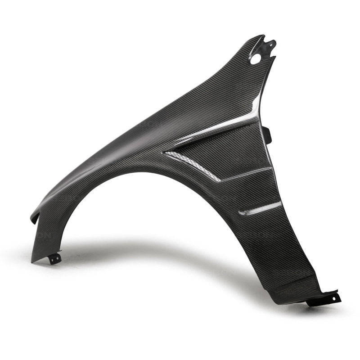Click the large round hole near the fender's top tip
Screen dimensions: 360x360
coord(256,58)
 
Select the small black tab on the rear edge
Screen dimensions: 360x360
coord(266,134)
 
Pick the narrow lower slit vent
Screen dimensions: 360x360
coord(260,208)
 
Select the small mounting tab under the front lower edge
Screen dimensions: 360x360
coord(55,259)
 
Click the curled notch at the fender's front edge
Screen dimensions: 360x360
coord(34,218)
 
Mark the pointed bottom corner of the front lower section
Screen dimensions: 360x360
coord(32,261)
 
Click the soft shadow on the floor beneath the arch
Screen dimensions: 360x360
coord(148,252)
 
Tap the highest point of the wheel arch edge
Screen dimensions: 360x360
coord(130,171)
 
